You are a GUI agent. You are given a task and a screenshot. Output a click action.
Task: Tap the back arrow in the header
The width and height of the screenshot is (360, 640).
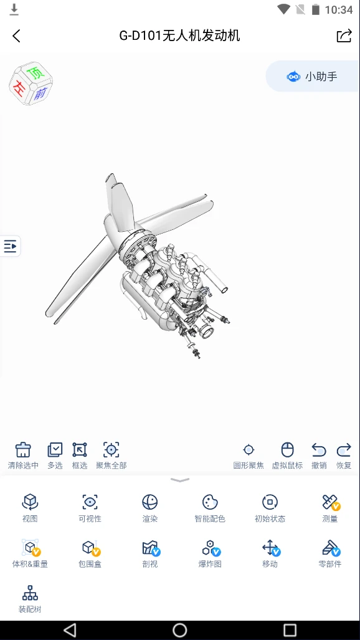(x=16, y=36)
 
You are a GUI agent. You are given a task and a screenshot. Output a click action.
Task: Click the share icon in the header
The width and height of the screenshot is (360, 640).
(x=344, y=36)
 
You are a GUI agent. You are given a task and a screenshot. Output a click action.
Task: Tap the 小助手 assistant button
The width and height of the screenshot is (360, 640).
(x=312, y=76)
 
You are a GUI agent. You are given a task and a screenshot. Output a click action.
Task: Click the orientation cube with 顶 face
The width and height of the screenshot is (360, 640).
(x=31, y=84)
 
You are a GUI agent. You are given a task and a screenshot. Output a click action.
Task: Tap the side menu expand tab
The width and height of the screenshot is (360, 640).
(x=10, y=246)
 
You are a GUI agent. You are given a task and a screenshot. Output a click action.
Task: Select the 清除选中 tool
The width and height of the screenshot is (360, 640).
(x=23, y=449)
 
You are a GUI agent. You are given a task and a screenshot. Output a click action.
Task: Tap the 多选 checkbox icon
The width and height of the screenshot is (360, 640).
(x=55, y=449)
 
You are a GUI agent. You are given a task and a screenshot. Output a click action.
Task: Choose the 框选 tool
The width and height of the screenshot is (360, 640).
(x=80, y=449)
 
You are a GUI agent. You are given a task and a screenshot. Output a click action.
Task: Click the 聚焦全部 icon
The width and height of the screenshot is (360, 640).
(x=111, y=449)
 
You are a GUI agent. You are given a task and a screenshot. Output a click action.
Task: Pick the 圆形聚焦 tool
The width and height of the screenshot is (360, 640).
(x=249, y=450)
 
